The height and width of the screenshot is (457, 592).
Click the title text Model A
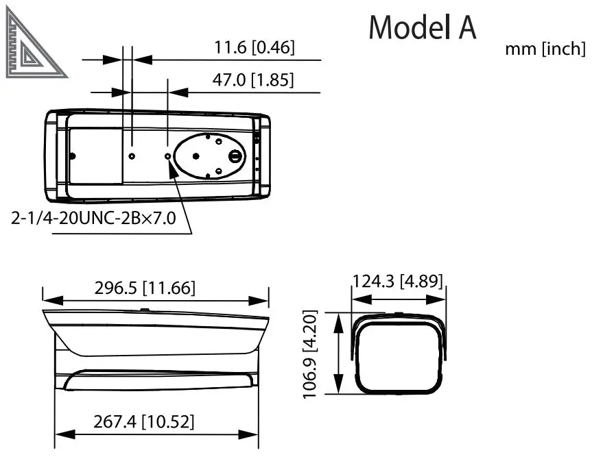click(422, 28)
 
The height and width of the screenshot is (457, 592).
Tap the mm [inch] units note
click(545, 49)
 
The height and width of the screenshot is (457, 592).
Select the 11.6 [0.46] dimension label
click(254, 47)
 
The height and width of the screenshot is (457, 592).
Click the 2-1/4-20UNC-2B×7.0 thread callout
click(94, 219)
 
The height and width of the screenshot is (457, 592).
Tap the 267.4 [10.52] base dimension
click(143, 421)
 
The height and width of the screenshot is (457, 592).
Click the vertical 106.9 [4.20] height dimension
click(311, 354)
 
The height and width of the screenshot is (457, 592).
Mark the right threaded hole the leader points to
click(169, 156)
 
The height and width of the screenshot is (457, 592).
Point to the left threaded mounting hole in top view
click(132, 156)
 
